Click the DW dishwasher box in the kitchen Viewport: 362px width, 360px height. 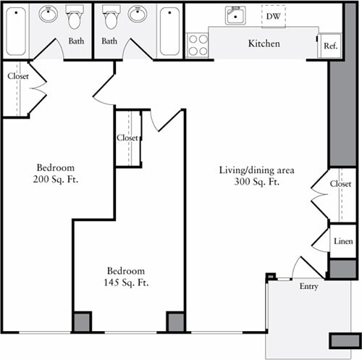pyautogui.click(x=274, y=14)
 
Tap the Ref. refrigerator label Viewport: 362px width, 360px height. pyautogui.click(x=330, y=46)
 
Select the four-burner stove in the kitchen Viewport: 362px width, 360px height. pyautogui.click(x=198, y=44)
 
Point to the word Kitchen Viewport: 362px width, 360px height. pyautogui.click(x=264, y=44)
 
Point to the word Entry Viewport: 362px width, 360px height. pyautogui.click(x=308, y=287)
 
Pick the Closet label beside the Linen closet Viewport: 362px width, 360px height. pyautogui.click(x=340, y=184)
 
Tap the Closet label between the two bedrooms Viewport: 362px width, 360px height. pyautogui.click(x=127, y=138)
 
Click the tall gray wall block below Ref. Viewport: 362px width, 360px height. pyautogui.click(x=338, y=112)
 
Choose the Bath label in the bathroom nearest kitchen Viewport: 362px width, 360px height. pyautogui.click(x=109, y=41)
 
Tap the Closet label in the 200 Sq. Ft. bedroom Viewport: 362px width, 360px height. pyautogui.click(x=18, y=75)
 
